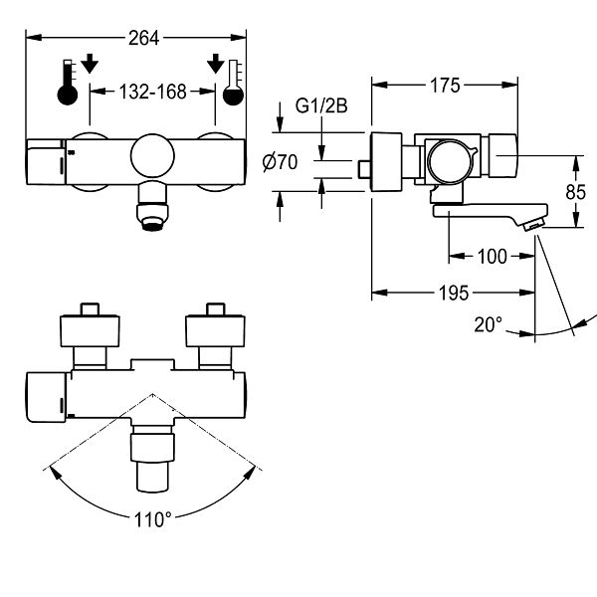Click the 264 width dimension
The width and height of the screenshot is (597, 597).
(143, 38)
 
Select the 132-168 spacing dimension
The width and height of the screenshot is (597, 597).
(152, 92)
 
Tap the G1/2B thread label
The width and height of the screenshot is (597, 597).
(321, 105)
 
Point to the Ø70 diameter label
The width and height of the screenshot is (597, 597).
(280, 162)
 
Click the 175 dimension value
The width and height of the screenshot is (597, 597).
(445, 86)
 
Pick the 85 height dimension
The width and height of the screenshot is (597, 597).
(575, 192)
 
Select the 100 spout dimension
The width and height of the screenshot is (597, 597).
(492, 257)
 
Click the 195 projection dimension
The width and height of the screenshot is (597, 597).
(454, 293)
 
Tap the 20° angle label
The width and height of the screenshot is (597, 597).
(488, 324)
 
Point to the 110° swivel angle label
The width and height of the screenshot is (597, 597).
(152, 519)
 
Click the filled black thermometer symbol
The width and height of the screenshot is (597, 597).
(68, 83)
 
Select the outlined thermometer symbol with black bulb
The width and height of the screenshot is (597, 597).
(234, 83)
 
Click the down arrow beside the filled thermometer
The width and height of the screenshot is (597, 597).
(90, 64)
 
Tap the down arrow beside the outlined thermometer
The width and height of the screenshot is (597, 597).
(216, 64)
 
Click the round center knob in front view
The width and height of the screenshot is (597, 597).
(152, 156)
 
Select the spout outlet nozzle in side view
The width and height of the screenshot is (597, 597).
(532, 226)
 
